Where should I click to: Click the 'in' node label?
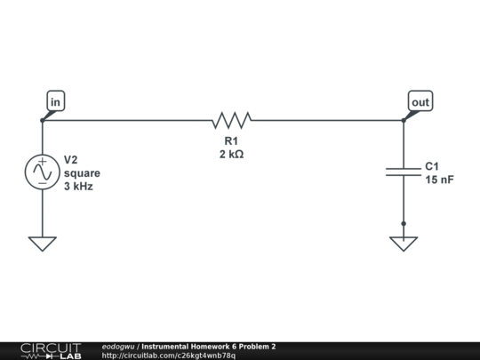click(56, 102)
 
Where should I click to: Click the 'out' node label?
click(420, 102)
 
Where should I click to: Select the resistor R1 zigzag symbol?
click(232, 120)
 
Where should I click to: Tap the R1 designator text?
click(231, 140)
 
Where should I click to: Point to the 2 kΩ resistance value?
click(231, 154)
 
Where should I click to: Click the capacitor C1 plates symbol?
click(403, 170)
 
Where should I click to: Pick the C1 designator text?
click(432, 166)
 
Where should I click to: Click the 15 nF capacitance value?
click(439, 180)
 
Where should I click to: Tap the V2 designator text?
click(71, 160)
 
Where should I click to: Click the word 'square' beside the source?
click(82, 173)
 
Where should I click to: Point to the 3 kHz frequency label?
click(78, 187)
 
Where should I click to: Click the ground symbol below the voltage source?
click(42, 243)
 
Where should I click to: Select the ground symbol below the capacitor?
click(403, 243)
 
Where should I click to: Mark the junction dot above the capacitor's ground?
click(403, 224)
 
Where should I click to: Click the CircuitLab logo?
click(51, 350)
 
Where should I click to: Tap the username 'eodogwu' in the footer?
click(119, 346)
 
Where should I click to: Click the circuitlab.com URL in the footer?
click(169, 356)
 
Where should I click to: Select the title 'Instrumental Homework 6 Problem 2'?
click(208, 346)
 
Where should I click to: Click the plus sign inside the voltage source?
click(42, 164)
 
